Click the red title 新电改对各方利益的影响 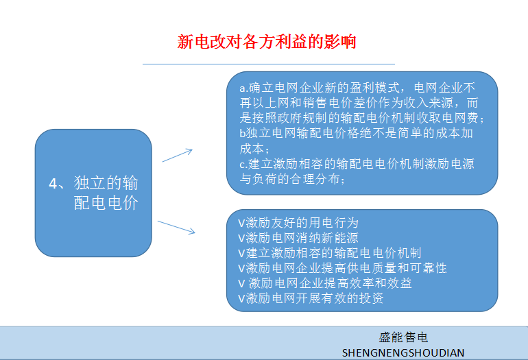tap(266, 42)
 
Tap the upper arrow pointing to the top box tap(177, 155)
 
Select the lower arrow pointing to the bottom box tap(176, 228)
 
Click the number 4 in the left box tap(53, 184)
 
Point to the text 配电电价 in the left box tap(106, 203)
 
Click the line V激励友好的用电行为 tap(298, 223)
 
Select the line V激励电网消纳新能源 tap(298, 238)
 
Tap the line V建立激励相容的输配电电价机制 tap(330, 253)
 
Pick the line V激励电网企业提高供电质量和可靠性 tap(342, 268)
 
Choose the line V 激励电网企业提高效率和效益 tap(325, 283)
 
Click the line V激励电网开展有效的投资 tap(311, 298)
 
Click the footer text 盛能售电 tap(403, 337)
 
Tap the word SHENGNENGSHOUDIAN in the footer tap(403, 352)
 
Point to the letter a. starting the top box tap(244, 88)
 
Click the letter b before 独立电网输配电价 tap(243, 133)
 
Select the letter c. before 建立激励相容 tap(244, 165)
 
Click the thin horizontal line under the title tap(269, 64)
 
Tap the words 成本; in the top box tap(254, 149)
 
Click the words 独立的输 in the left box tap(106, 183)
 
